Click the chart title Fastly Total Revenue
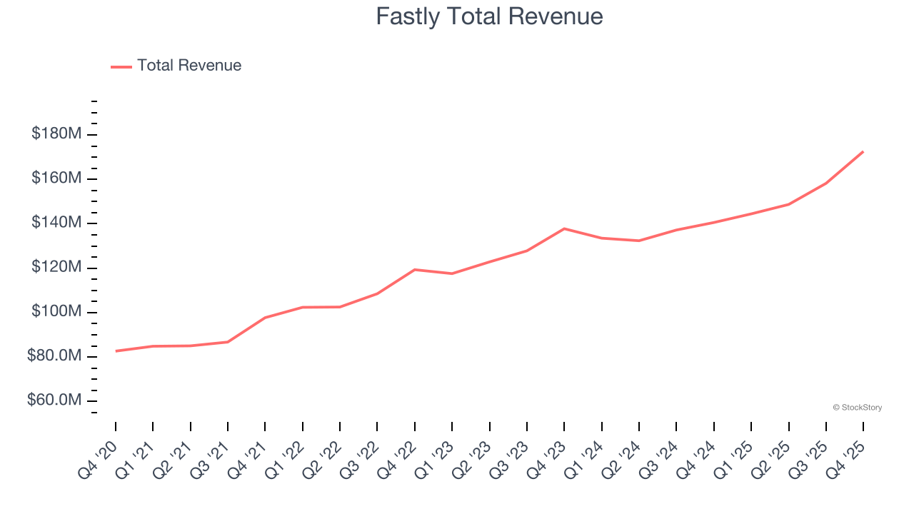pyautogui.click(x=489, y=16)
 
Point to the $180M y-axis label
pyautogui.click(x=56, y=133)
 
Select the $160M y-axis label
pyautogui.click(x=56, y=178)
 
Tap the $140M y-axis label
pyautogui.click(x=56, y=223)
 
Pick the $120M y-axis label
pyautogui.click(x=56, y=267)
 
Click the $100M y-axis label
pyautogui.click(x=56, y=311)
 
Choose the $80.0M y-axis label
pyautogui.click(x=53, y=356)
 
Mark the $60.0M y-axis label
pyautogui.click(x=53, y=400)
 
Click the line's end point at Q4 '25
pyautogui.click(x=863, y=152)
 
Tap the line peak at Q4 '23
pyautogui.click(x=564, y=228)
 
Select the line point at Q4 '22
pyautogui.click(x=415, y=270)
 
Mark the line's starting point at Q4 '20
pyautogui.click(x=116, y=351)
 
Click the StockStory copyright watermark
pyautogui.click(x=857, y=408)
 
